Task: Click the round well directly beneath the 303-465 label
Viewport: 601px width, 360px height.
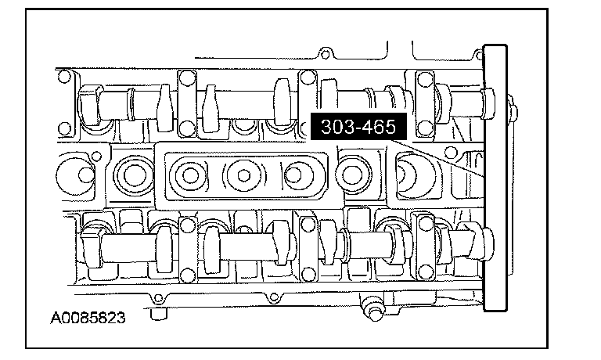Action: click(x=351, y=173)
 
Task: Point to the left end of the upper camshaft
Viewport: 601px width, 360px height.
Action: click(x=88, y=102)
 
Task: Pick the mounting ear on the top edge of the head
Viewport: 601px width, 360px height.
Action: click(x=320, y=56)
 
